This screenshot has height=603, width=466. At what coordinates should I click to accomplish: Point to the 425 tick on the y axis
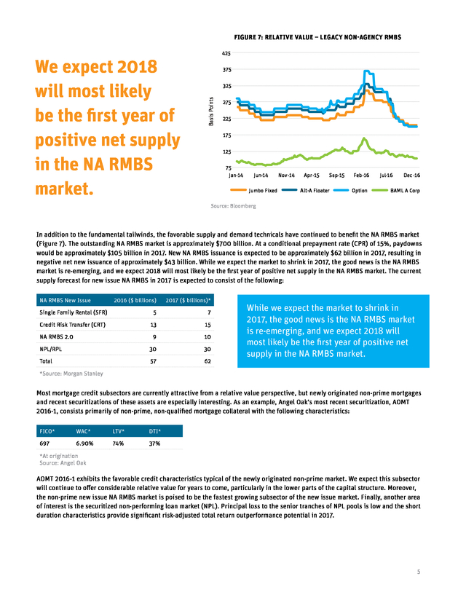tap(226, 53)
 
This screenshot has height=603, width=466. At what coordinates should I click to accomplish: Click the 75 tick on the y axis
tap(228, 168)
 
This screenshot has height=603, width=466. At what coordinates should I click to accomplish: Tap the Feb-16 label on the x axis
tap(362, 176)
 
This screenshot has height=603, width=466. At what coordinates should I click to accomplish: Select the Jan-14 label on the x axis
tap(237, 176)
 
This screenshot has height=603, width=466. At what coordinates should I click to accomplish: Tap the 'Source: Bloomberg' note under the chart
tap(233, 206)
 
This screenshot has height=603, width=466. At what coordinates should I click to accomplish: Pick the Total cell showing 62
tap(208, 361)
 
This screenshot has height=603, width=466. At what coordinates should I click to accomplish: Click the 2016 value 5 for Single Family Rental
tap(154, 312)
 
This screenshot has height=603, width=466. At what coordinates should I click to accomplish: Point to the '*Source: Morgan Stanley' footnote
tap(71, 374)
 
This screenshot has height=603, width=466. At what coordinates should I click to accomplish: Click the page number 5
tap(418, 572)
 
